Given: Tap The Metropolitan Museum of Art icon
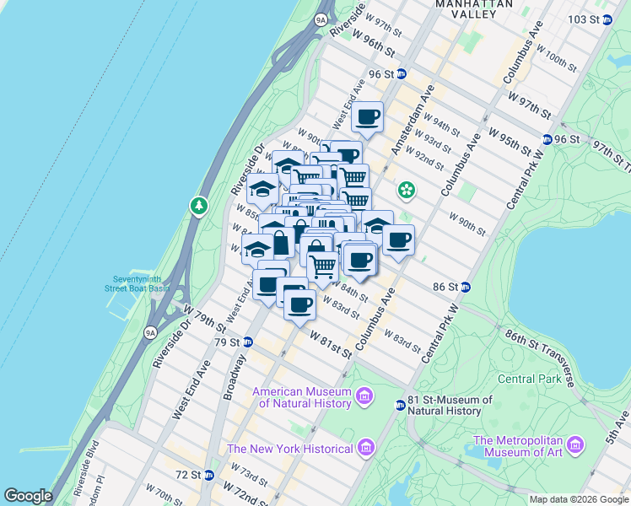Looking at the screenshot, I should [x=576, y=444].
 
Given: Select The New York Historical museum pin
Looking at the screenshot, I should [x=364, y=447].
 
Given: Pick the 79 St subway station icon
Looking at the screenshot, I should [x=248, y=342].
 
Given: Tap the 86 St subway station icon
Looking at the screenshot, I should [x=465, y=287].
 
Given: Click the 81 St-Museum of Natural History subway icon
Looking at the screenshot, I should [x=401, y=406].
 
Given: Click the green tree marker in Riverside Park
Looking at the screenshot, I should [x=199, y=205].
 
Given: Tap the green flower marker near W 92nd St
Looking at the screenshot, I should [x=407, y=189].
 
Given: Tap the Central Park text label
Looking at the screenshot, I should [x=529, y=379].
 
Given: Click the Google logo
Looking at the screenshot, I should [x=28, y=496].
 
